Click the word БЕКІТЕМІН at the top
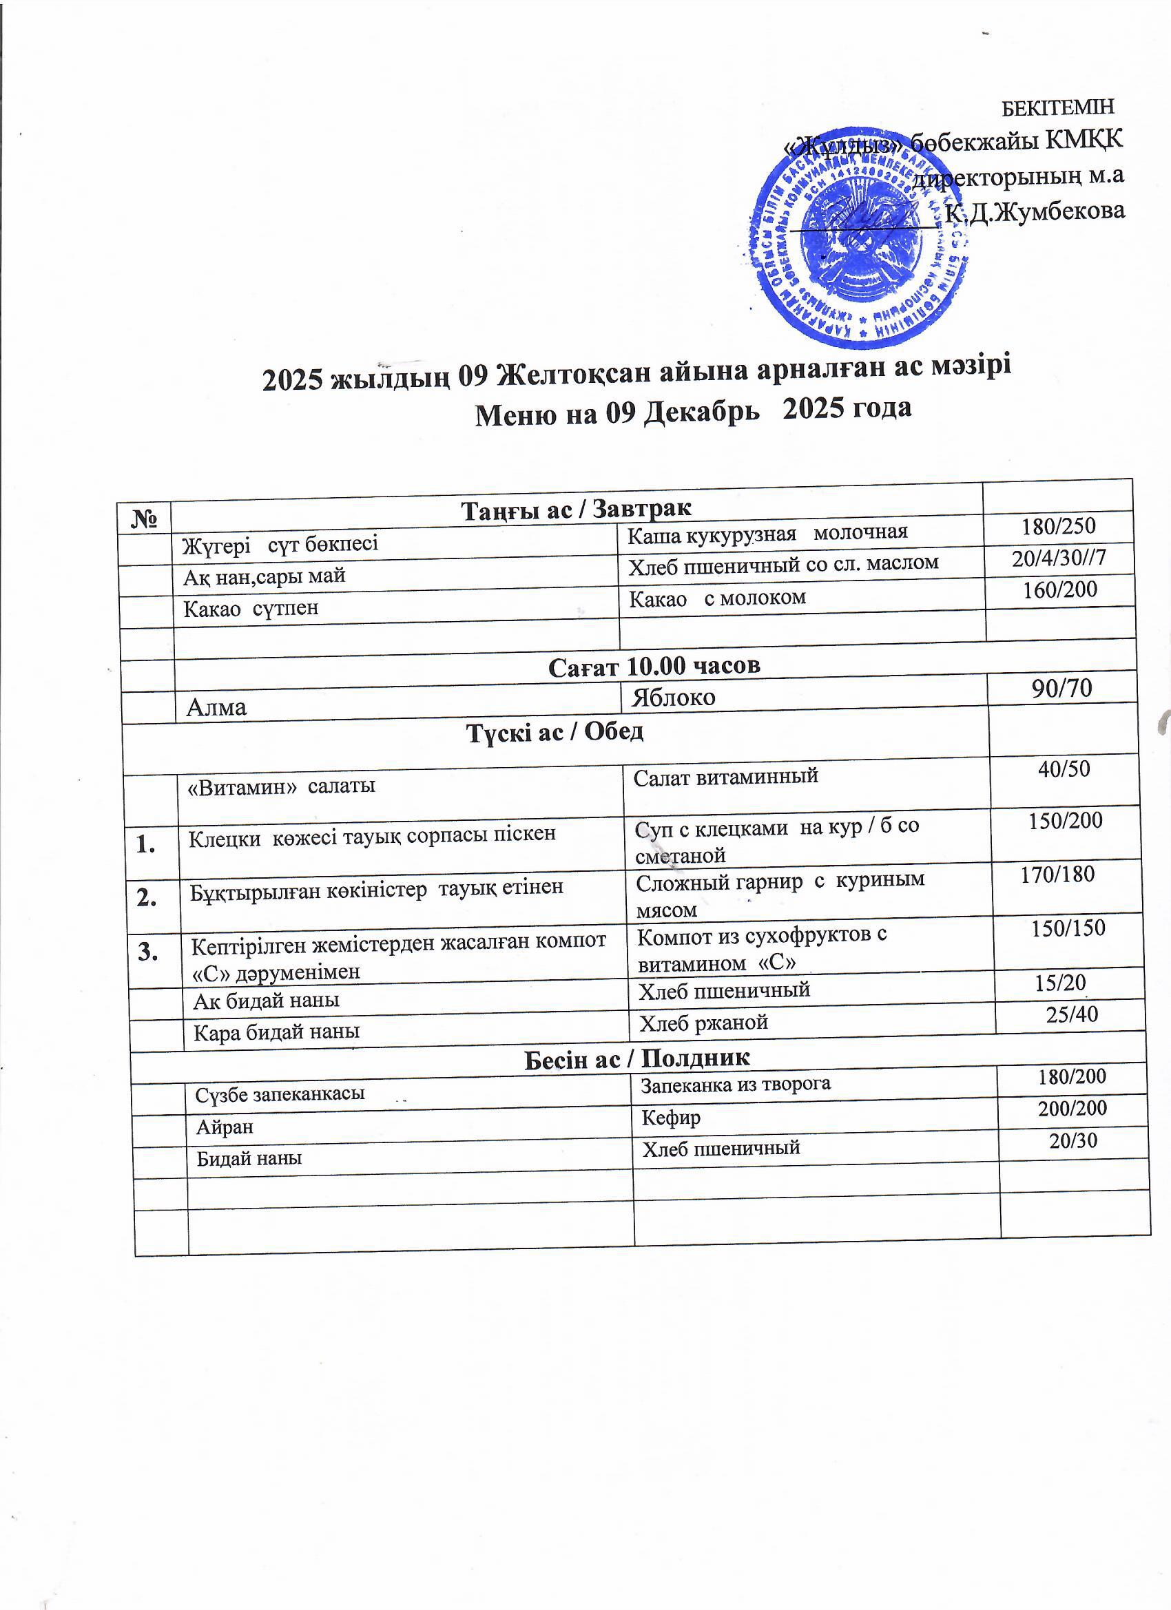tap(1057, 107)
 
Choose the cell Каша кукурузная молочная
tap(767, 532)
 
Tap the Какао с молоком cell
tap(717, 598)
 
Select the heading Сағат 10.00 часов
tap(654, 666)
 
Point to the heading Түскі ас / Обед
tap(555, 732)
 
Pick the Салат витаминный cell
tap(726, 776)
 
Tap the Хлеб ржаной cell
tap(704, 1022)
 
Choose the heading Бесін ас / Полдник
tap(637, 1058)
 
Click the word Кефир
tap(671, 1118)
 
